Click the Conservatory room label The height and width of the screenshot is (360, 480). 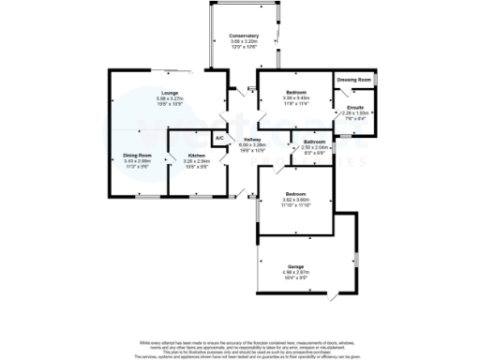click(x=243, y=36)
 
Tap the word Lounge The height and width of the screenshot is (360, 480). click(x=170, y=92)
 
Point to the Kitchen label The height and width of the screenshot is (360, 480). click(x=196, y=155)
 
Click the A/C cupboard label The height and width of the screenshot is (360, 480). click(x=219, y=139)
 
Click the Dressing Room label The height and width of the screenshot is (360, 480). click(x=354, y=81)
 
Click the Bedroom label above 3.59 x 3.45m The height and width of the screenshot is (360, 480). click(x=295, y=92)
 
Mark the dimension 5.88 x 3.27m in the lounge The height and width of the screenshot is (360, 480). click(x=170, y=97)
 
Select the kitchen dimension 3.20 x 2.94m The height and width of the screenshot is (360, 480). click(x=196, y=160)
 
